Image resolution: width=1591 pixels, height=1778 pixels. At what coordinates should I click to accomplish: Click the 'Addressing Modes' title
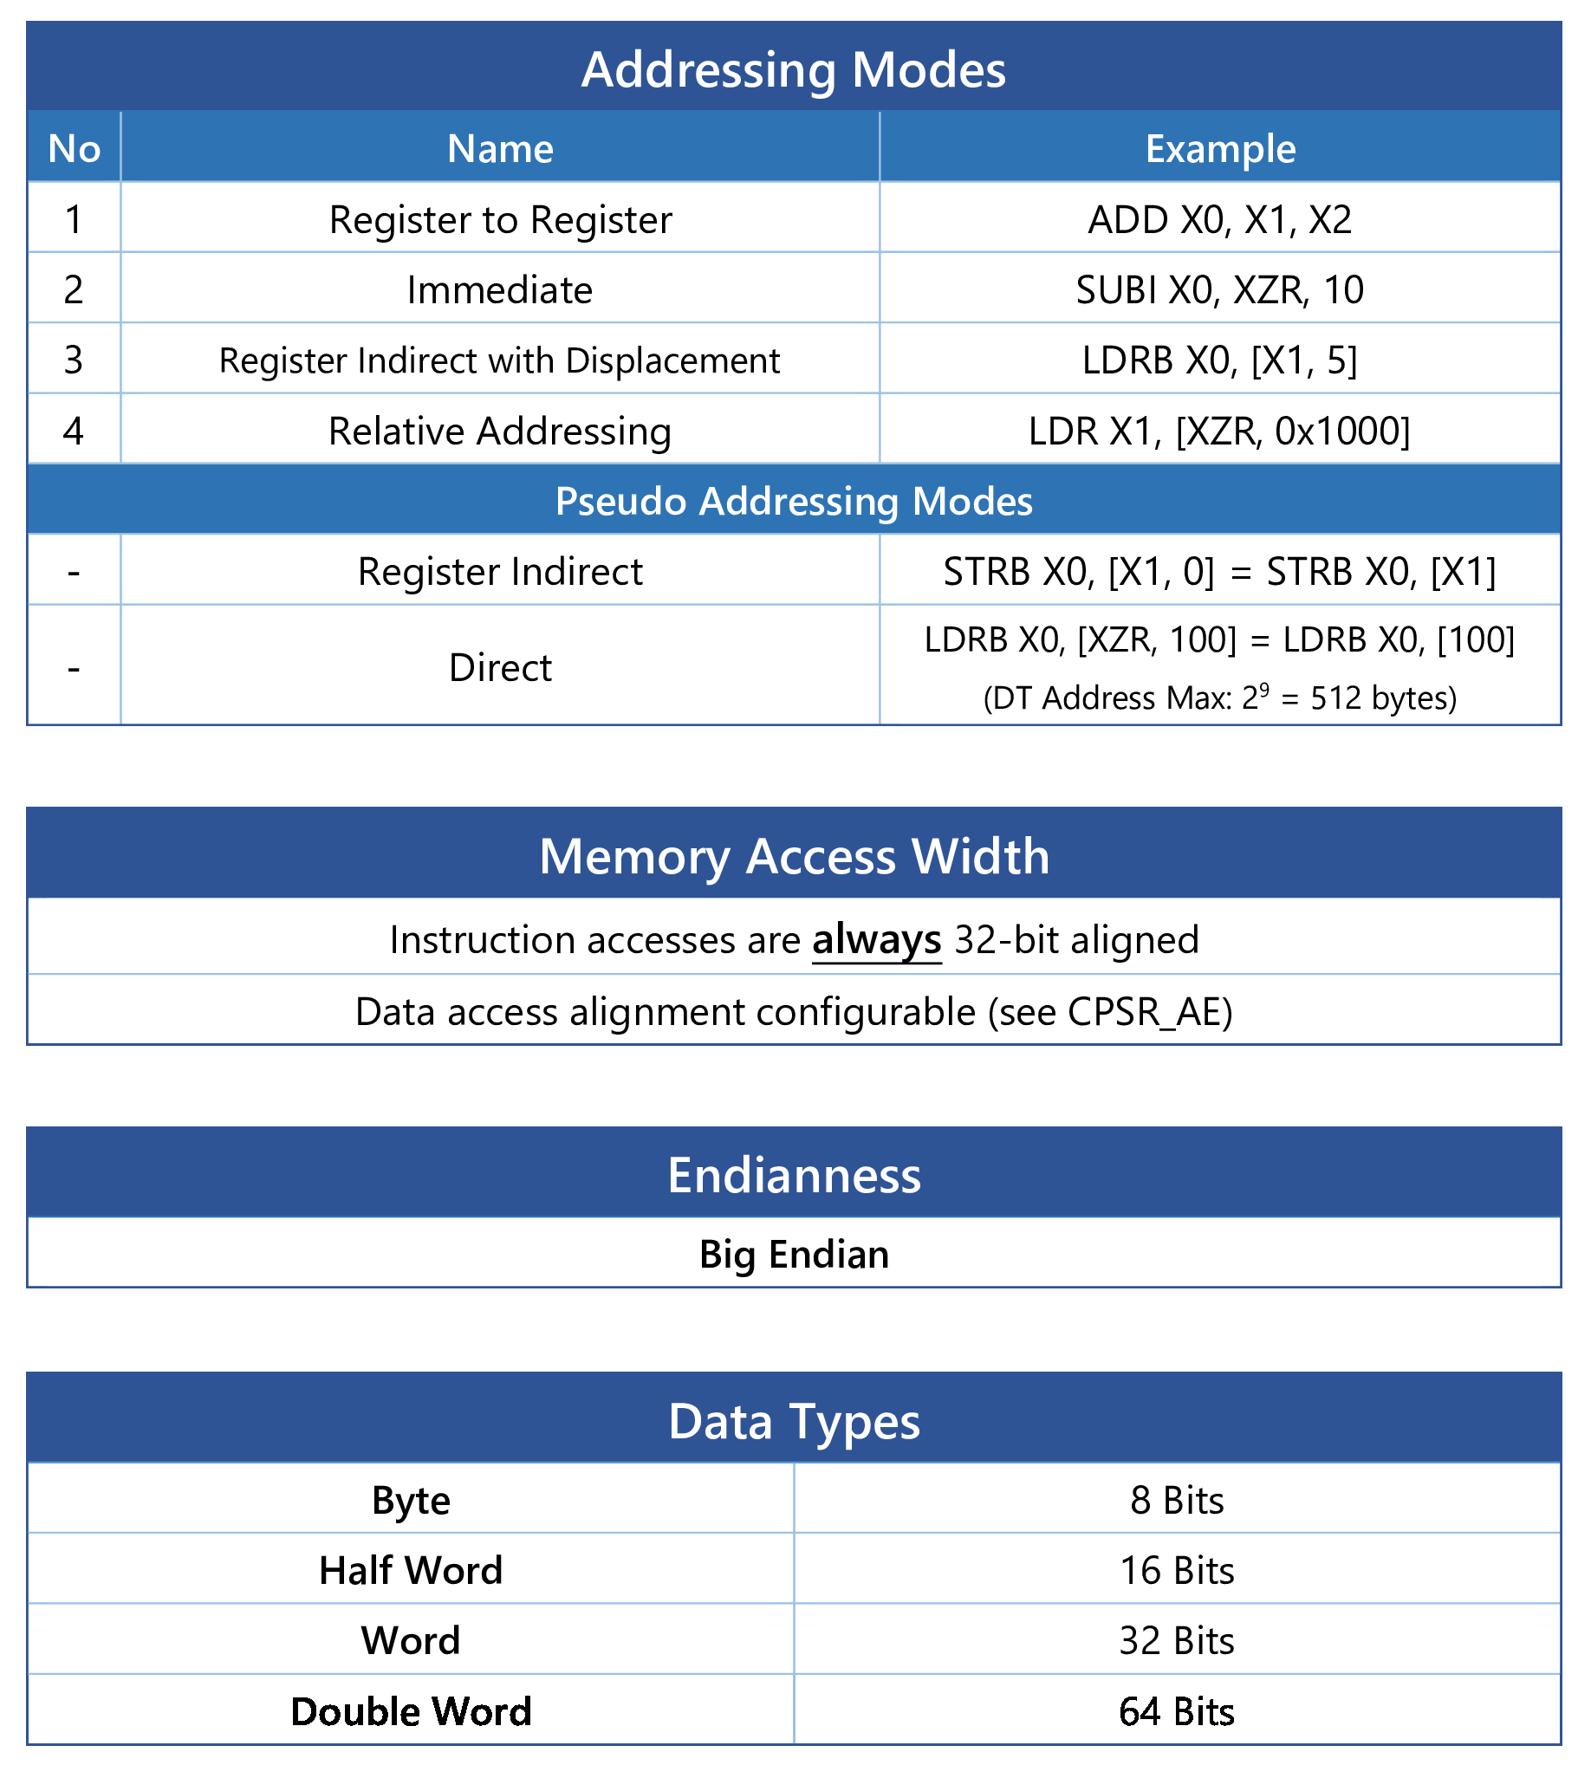tap(794, 69)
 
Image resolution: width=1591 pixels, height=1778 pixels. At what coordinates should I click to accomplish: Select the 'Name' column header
tap(500, 149)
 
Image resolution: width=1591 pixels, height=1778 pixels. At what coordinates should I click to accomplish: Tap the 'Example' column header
tap(1220, 149)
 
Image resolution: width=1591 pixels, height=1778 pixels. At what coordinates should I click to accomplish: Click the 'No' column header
tap(75, 149)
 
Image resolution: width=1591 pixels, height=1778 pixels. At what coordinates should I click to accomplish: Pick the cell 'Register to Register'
tap(500, 219)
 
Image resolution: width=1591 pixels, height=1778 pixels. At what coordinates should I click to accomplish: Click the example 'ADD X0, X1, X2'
tap(1220, 219)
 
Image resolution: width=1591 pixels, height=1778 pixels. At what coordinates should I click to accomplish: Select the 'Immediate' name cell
tap(500, 289)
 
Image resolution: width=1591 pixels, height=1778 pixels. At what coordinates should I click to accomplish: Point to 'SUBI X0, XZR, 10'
tap(1220, 290)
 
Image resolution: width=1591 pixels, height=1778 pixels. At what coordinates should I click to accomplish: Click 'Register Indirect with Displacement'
tap(500, 360)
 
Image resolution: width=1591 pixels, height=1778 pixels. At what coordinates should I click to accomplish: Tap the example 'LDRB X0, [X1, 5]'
tap(1220, 360)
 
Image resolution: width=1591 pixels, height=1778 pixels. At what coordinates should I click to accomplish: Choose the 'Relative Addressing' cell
tap(500, 431)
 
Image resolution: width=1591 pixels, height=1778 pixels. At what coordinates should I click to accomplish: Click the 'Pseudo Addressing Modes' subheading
tap(794, 502)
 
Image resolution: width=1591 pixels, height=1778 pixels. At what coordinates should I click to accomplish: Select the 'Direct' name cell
tap(500, 668)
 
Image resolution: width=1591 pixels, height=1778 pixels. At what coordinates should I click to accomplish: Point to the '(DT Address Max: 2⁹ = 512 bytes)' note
tap(1220, 698)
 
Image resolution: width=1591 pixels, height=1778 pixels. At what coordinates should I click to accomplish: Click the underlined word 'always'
tap(877, 941)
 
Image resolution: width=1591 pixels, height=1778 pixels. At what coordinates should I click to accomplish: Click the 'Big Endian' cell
tap(794, 1255)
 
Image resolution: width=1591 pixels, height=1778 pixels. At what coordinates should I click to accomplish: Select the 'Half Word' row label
tap(411, 1570)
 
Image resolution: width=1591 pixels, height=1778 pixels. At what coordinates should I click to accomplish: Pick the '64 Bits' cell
tap(1177, 1711)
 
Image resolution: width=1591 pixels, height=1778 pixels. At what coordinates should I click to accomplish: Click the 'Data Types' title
tap(794, 1420)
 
